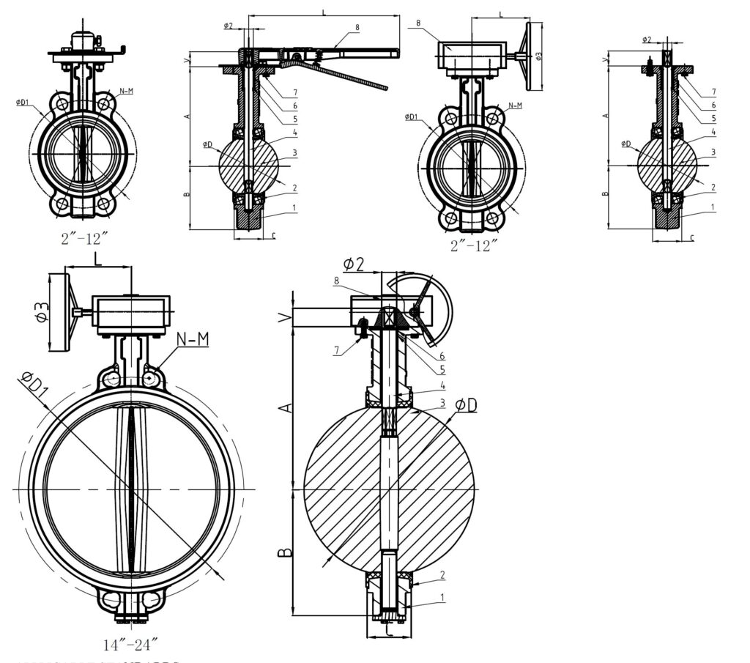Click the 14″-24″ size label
131,645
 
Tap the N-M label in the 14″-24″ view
192,338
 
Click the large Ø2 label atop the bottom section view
354,264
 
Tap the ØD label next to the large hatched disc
466,404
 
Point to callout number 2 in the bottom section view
442,575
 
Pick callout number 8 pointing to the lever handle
357,27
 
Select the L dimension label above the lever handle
323,12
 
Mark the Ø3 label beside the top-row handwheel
538,56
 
